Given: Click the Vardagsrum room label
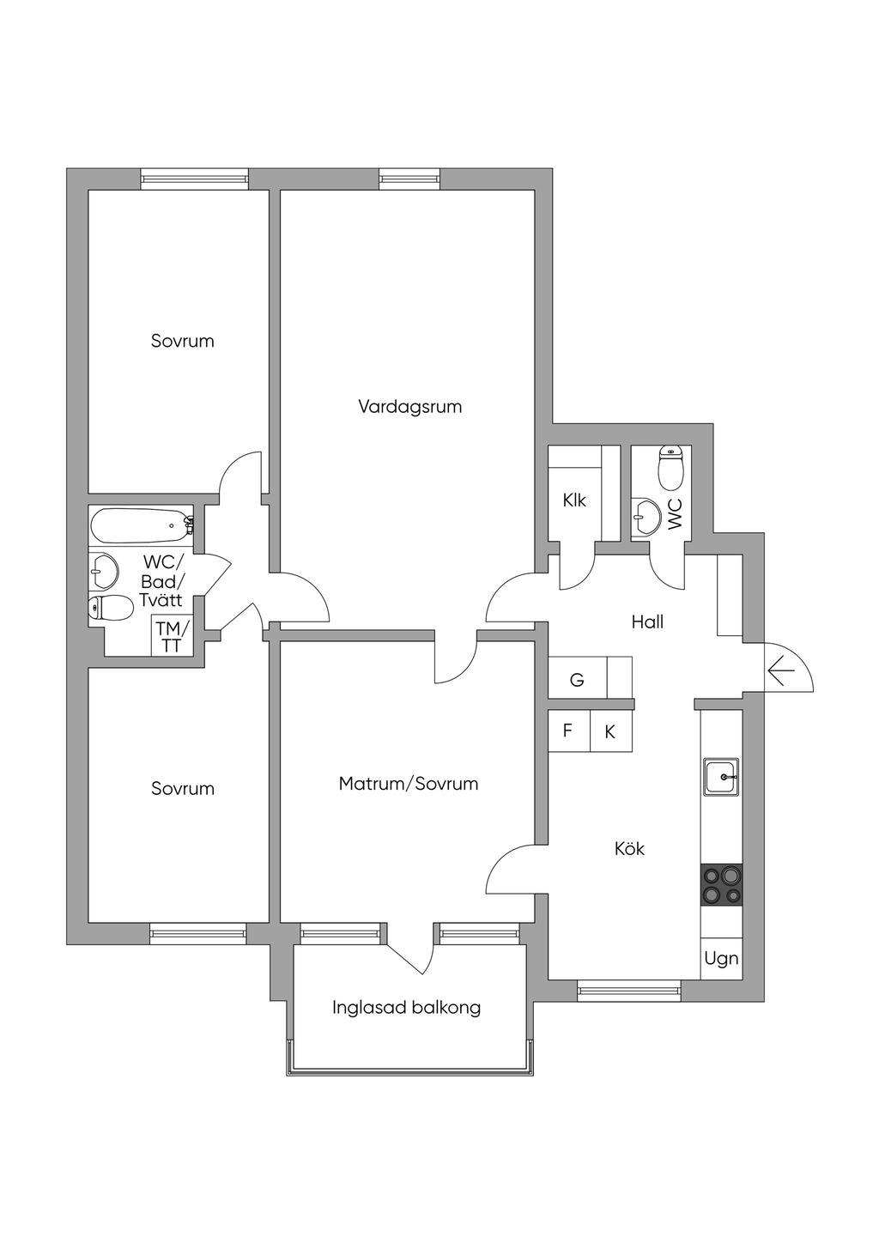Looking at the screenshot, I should tap(409, 406).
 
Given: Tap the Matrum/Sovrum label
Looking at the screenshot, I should tap(408, 784).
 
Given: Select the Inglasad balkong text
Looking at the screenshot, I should tap(406, 1007).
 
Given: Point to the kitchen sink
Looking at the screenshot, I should tap(721, 777).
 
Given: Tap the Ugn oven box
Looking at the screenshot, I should tap(721, 958).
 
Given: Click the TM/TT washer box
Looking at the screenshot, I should tap(171, 636).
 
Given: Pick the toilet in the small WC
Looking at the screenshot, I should tap(670, 468).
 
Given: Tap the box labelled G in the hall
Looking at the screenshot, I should tap(577, 680).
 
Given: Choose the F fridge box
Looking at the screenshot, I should tap(568, 731).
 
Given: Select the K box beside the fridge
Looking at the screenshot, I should tap(610, 732).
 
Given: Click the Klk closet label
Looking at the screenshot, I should tap(574, 500).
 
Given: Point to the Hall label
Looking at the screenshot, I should tap(647, 621).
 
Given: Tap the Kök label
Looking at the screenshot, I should tap(629, 849).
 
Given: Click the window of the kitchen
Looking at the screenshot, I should tap(629, 991).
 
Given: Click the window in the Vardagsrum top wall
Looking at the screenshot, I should tap(409, 179).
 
